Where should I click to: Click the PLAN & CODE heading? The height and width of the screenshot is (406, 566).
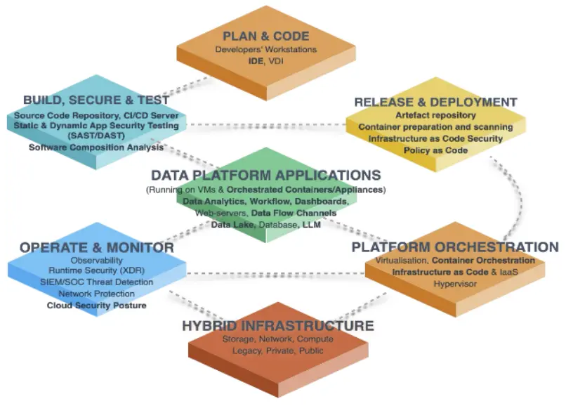click(x=265, y=37)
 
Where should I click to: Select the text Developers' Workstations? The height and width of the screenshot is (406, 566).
click(x=266, y=50)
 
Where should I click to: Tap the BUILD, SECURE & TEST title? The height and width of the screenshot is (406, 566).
click(x=96, y=100)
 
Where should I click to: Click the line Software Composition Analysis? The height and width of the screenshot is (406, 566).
click(x=96, y=148)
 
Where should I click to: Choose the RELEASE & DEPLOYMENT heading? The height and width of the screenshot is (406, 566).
click(x=435, y=103)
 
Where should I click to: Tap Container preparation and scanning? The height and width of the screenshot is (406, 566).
click(x=435, y=127)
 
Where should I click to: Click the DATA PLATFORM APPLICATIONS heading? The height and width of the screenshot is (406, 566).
click(x=266, y=176)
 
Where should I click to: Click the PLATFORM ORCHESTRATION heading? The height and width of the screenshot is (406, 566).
click(x=455, y=247)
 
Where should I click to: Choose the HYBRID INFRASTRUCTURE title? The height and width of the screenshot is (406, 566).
click(x=277, y=326)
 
